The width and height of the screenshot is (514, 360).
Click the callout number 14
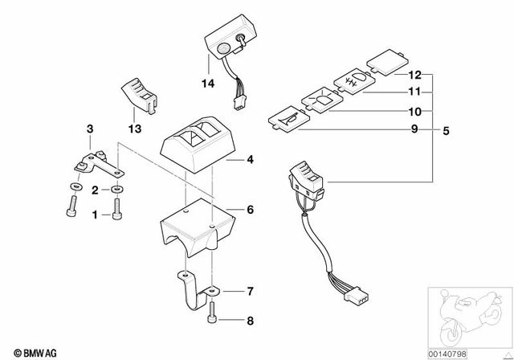[208, 83]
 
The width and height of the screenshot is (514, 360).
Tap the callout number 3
[90, 129]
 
